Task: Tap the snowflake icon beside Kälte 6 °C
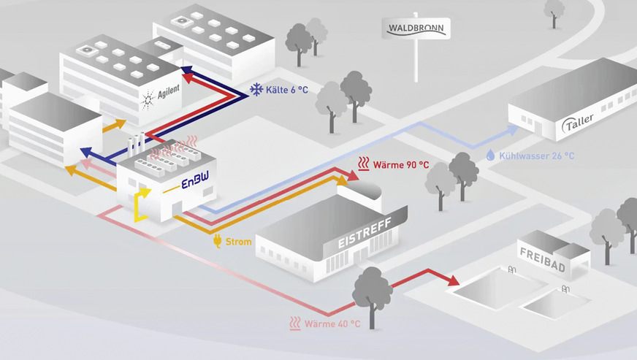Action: [x=256, y=89]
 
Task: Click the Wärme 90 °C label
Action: [x=401, y=164]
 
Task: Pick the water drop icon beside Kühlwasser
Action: [x=489, y=155]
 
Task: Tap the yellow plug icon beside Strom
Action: [x=216, y=242]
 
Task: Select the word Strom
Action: [x=239, y=242]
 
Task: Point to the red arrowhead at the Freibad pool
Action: [x=452, y=281]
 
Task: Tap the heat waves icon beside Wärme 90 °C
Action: [x=363, y=164]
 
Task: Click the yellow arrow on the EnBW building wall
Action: [x=142, y=203]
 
